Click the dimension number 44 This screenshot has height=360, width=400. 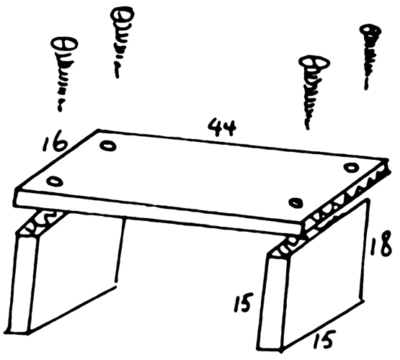[222, 127]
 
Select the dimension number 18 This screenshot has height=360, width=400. [381, 244]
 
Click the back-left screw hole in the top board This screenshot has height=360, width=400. [108, 146]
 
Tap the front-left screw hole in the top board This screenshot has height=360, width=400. [55, 181]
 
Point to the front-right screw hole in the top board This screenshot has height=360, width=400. [295, 202]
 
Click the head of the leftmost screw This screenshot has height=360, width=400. [65, 45]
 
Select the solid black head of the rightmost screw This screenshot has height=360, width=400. [370, 31]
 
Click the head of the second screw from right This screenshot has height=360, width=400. [314, 63]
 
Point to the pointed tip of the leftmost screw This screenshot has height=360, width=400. [60, 110]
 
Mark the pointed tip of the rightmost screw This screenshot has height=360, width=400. [366, 88]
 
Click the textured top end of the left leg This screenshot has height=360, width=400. [42, 222]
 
